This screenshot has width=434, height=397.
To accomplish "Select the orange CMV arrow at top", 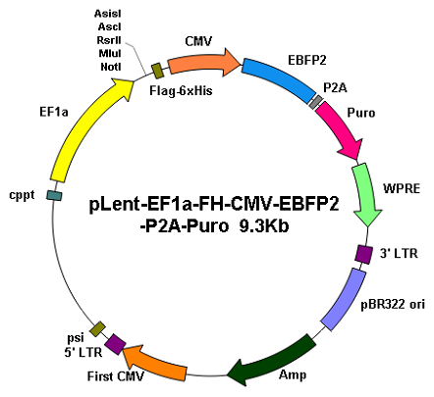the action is (203, 63).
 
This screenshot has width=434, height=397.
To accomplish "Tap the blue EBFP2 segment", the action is (278, 79).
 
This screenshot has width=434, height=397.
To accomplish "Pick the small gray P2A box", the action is (315, 102).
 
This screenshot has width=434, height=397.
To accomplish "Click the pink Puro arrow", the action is (341, 129).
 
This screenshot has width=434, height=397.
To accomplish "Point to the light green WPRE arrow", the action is (366, 194).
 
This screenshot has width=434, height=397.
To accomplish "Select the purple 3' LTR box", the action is (363, 254).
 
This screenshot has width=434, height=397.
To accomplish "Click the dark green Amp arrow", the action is (273, 361).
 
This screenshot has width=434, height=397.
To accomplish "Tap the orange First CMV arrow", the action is (155, 362).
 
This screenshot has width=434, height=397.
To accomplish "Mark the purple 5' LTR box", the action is (115, 344).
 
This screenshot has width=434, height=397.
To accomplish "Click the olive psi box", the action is (98, 329).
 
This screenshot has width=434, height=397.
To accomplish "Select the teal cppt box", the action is (54, 195).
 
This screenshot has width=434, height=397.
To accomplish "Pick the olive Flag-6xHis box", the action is (158, 71).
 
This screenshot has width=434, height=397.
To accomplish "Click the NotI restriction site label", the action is (111, 67).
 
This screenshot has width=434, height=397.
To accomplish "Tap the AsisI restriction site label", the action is (108, 14).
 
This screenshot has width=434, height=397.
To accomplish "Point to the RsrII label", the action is (109, 40).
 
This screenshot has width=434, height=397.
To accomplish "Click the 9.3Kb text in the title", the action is (264, 225).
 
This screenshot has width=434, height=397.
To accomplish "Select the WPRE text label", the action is (402, 189).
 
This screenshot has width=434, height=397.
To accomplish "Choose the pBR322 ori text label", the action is (393, 304).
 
